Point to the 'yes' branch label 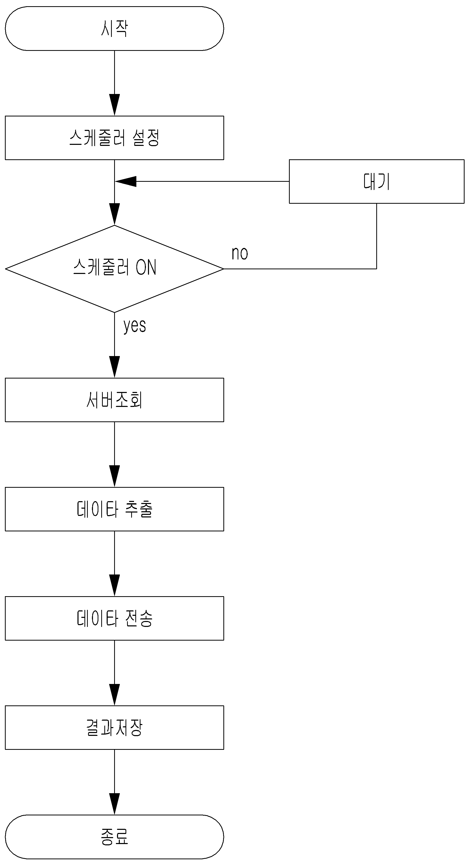[x=135, y=325]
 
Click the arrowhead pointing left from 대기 [x=126, y=182]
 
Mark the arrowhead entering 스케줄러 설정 [x=114, y=105]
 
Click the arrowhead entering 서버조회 [x=114, y=367]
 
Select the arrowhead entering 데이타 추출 [x=114, y=476]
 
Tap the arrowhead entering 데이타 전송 [x=114, y=586]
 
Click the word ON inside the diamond [x=146, y=267]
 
